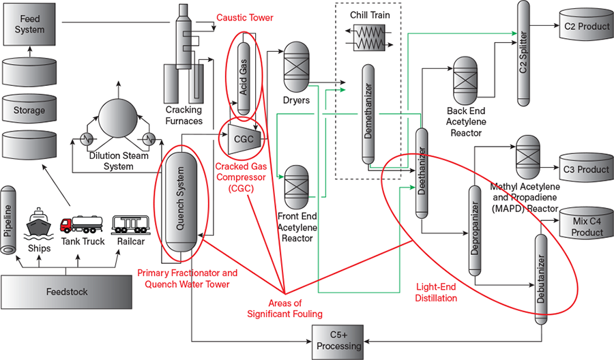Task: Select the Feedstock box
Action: click(x=67, y=292)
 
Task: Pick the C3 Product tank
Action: click(x=585, y=169)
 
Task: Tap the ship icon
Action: click(x=39, y=225)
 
